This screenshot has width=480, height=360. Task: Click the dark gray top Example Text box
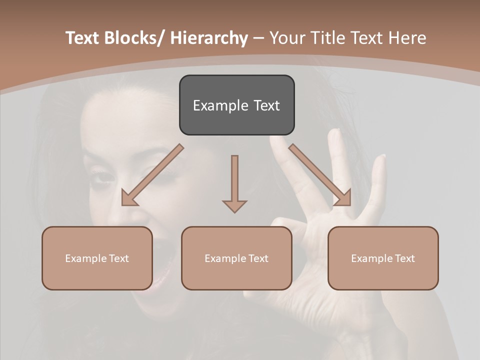(236, 105)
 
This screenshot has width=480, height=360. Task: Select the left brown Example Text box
(97, 258)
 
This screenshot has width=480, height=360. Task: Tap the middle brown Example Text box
(236, 258)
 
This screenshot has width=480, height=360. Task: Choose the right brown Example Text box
(383, 258)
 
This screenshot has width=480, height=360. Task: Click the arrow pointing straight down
(234, 182)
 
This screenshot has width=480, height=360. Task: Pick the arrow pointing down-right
(320, 175)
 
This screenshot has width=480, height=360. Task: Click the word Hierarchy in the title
(209, 38)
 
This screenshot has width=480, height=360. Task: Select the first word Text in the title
(82, 38)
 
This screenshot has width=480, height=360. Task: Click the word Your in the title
(287, 38)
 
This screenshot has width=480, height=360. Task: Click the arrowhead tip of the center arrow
(234, 211)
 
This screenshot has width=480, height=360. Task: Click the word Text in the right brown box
(404, 258)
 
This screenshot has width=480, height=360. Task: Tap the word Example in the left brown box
(86, 258)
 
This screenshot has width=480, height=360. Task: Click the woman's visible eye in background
(103, 177)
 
